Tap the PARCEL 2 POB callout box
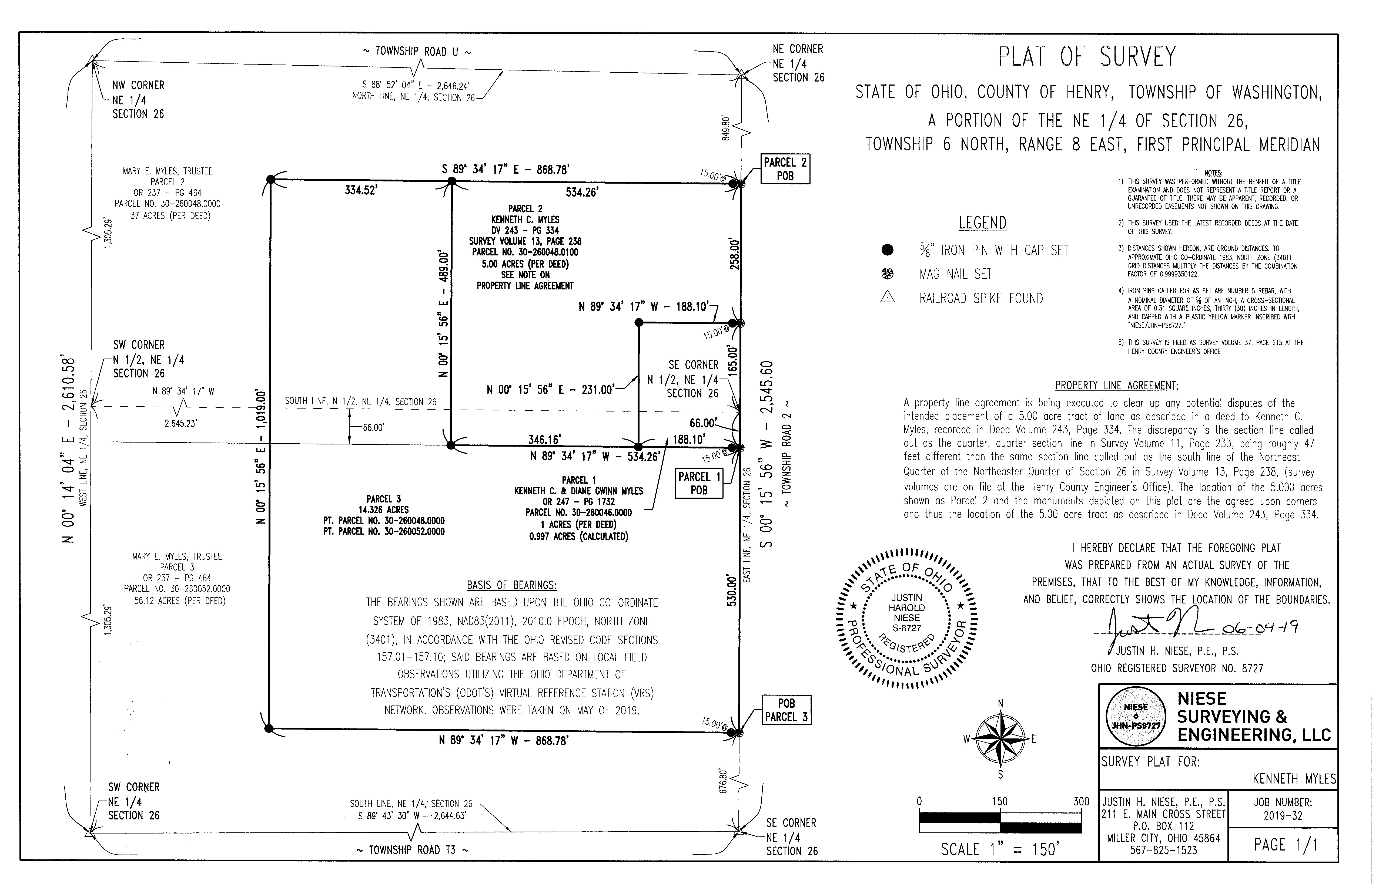click(785, 169)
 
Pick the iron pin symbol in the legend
click(887, 250)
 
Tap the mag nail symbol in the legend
click(887, 274)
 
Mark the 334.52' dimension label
click(361, 190)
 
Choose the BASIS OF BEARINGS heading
click(512, 585)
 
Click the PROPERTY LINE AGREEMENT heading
click(1117, 385)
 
